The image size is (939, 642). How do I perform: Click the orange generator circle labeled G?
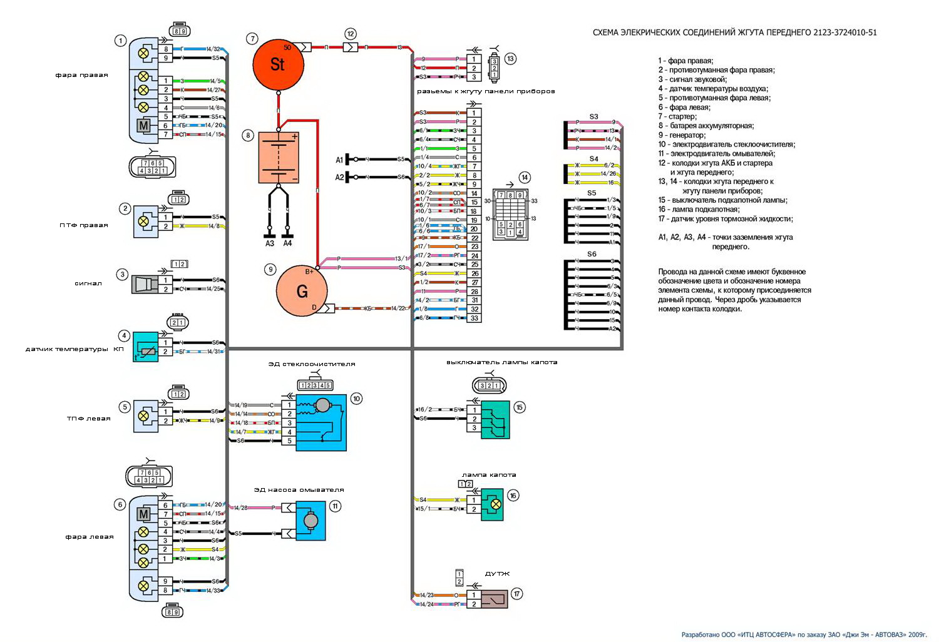pos(302,291)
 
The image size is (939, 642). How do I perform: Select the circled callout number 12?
pos(351,34)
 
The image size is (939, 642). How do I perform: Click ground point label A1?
pos(339,160)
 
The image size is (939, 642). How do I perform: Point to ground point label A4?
pos(287,243)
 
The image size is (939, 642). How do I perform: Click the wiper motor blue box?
pos(321,423)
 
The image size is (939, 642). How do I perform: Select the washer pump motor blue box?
pos(310,521)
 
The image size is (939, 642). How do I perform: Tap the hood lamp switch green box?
pos(495,419)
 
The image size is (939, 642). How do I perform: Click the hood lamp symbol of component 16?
pos(495,504)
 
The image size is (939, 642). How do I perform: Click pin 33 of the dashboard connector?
pos(475,318)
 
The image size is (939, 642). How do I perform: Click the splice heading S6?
pos(592,254)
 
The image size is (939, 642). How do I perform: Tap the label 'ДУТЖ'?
pos(498,574)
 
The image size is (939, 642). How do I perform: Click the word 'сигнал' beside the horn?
pos(88,283)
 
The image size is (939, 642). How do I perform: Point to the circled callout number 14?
pos(525,178)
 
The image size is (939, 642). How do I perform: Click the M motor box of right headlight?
pos(144,126)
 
